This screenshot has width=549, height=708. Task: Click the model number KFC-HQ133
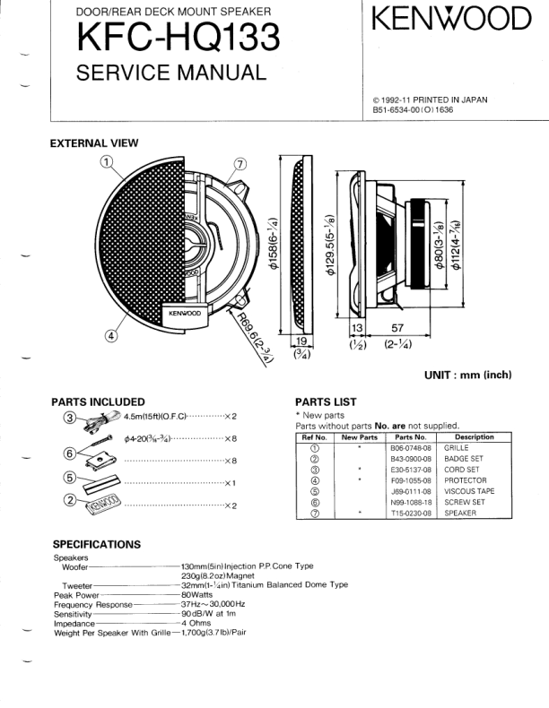tap(178, 38)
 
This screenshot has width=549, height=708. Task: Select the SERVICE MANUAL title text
tap(171, 73)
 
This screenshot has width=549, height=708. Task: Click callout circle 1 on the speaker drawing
tap(109, 162)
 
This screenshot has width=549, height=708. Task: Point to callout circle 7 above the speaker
tap(240, 164)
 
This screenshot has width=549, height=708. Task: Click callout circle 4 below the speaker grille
tap(111, 336)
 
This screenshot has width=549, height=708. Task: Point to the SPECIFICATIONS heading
tap(96, 544)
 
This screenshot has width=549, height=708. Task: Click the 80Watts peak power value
tap(196, 594)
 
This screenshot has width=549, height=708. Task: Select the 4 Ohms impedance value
tap(196, 623)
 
